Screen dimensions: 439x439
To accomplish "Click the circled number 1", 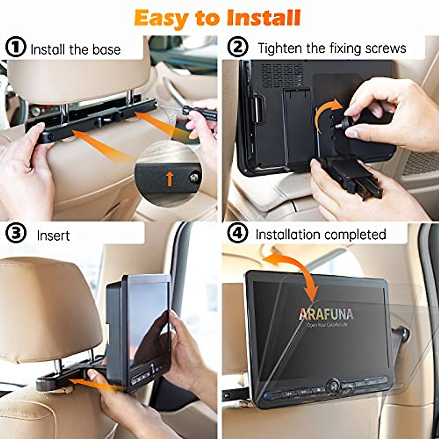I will pyautogui.click(x=15, y=48).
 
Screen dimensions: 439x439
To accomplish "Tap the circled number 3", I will pyautogui.click(x=15, y=234).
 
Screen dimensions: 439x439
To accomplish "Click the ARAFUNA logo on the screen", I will pyautogui.click(x=326, y=314).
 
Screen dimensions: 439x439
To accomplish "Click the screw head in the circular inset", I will pyautogui.click(x=194, y=177).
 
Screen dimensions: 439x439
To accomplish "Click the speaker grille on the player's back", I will pyautogui.click(x=282, y=75).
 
